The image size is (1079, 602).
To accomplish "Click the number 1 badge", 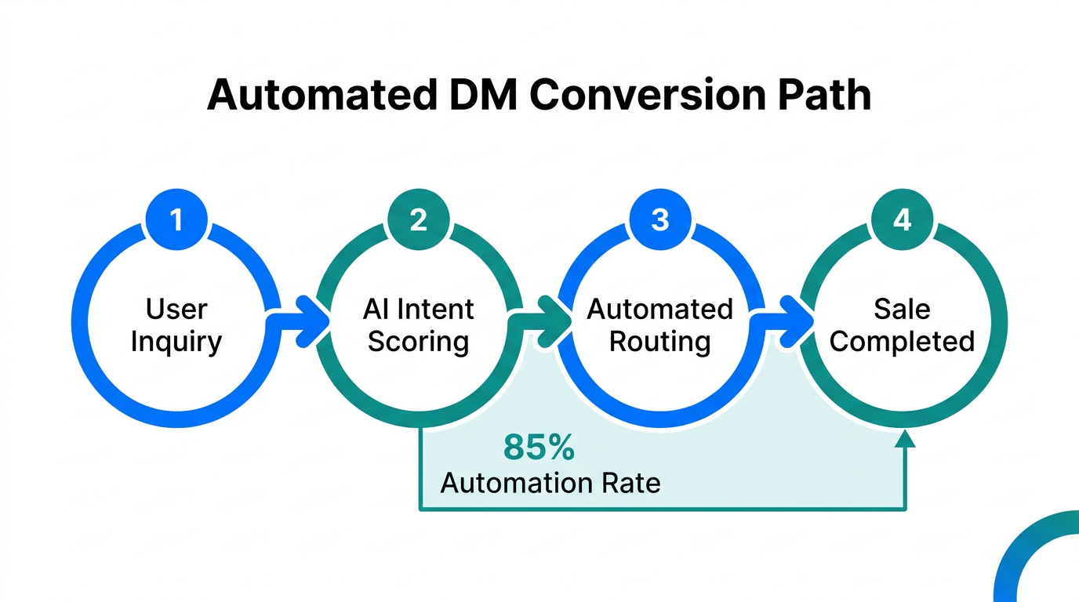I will (176, 219).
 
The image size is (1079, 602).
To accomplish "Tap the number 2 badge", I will (419, 219).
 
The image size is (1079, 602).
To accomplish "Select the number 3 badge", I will (660, 219).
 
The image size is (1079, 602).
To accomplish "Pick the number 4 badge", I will (903, 219).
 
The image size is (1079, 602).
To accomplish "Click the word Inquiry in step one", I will (176, 342).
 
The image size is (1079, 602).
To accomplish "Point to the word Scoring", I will (419, 342).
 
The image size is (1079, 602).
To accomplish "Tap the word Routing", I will (660, 342).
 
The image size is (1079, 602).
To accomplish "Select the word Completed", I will (903, 342).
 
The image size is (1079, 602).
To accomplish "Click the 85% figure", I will (539, 448).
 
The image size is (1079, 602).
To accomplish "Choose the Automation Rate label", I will (550, 482).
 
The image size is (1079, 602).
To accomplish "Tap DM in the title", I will (485, 96).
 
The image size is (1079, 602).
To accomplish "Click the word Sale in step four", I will (903, 309).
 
